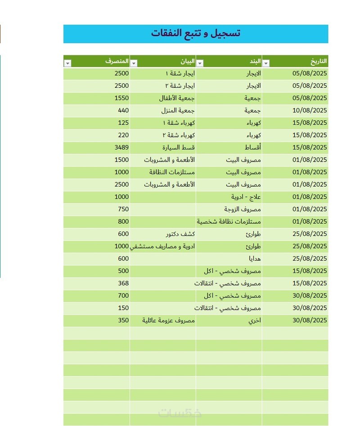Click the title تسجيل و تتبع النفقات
pyautogui.click(x=196, y=33)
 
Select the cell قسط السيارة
pyautogui.click(x=179, y=147)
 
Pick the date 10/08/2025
pyautogui.click(x=309, y=110)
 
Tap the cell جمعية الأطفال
pyautogui.click(x=177, y=98)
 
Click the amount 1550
pyautogui.click(x=121, y=98)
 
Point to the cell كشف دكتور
pyautogui.click(x=181, y=234)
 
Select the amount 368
pyautogui.click(x=123, y=283)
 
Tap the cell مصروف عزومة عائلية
pyautogui.click(x=168, y=320)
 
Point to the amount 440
pyautogui.click(x=123, y=110)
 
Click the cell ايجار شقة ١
pyautogui.click(x=179, y=73)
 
